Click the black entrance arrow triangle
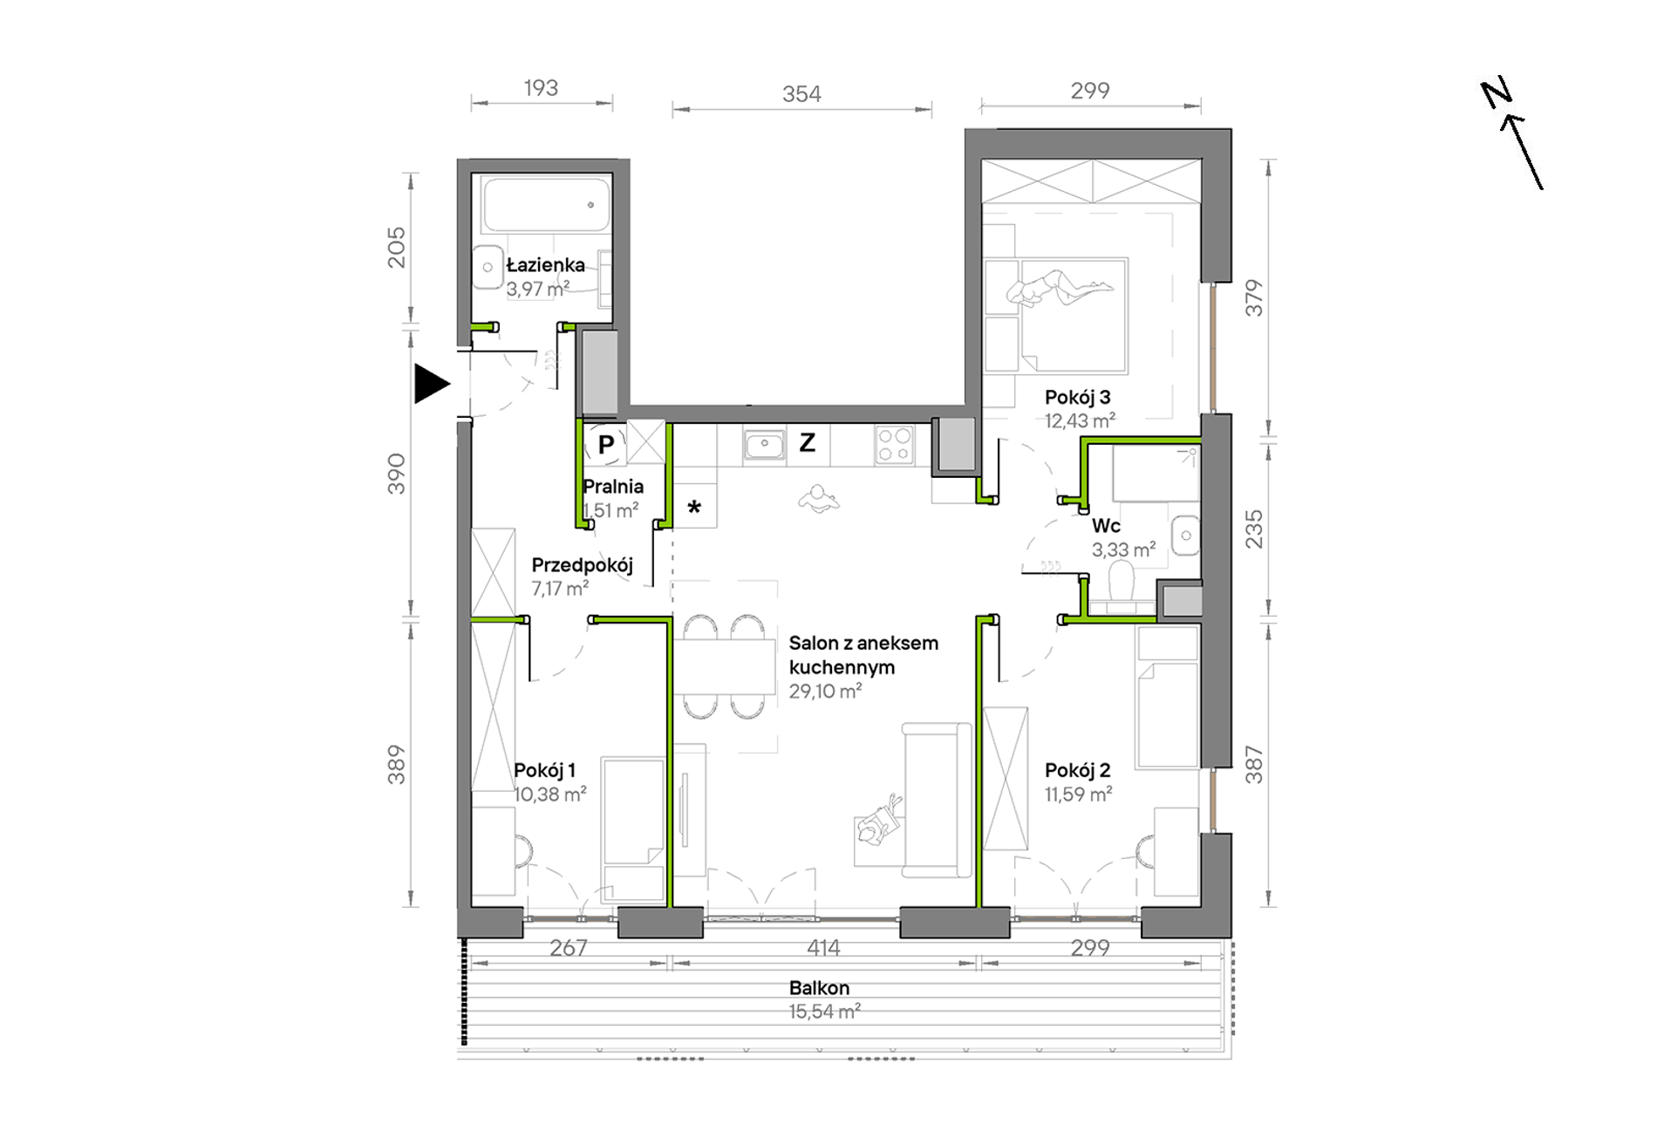click(431, 384)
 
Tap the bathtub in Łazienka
click(547, 205)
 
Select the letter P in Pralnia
click(606, 444)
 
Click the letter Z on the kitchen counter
click(808, 443)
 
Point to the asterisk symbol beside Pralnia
click(694, 507)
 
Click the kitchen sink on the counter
click(764, 445)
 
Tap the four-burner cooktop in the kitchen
click(895, 445)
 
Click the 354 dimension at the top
click(801, 93)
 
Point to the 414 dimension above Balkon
click(823, 947)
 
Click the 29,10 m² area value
click(826, 692)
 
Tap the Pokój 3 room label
click(1078, 398)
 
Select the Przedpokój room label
click(583, 565)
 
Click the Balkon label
click(819, 988)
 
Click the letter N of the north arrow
click(1497, 93)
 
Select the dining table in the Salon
click(725, 667)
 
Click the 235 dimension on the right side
click(1254, 529)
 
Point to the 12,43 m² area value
click(1081, 421)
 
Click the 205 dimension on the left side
click(397, 247)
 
